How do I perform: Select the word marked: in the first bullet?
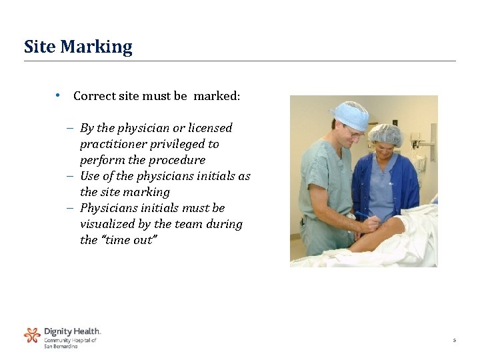coord(217,96)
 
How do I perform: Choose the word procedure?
coord(176,160)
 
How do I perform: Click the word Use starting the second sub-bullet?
coord(89,176)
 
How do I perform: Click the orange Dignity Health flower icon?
coord(32,335)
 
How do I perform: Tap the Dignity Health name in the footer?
coord(72,331)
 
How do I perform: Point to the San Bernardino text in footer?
coord(61,346)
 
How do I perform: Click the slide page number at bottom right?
coord(454,341)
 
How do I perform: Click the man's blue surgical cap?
coord(351,114)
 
